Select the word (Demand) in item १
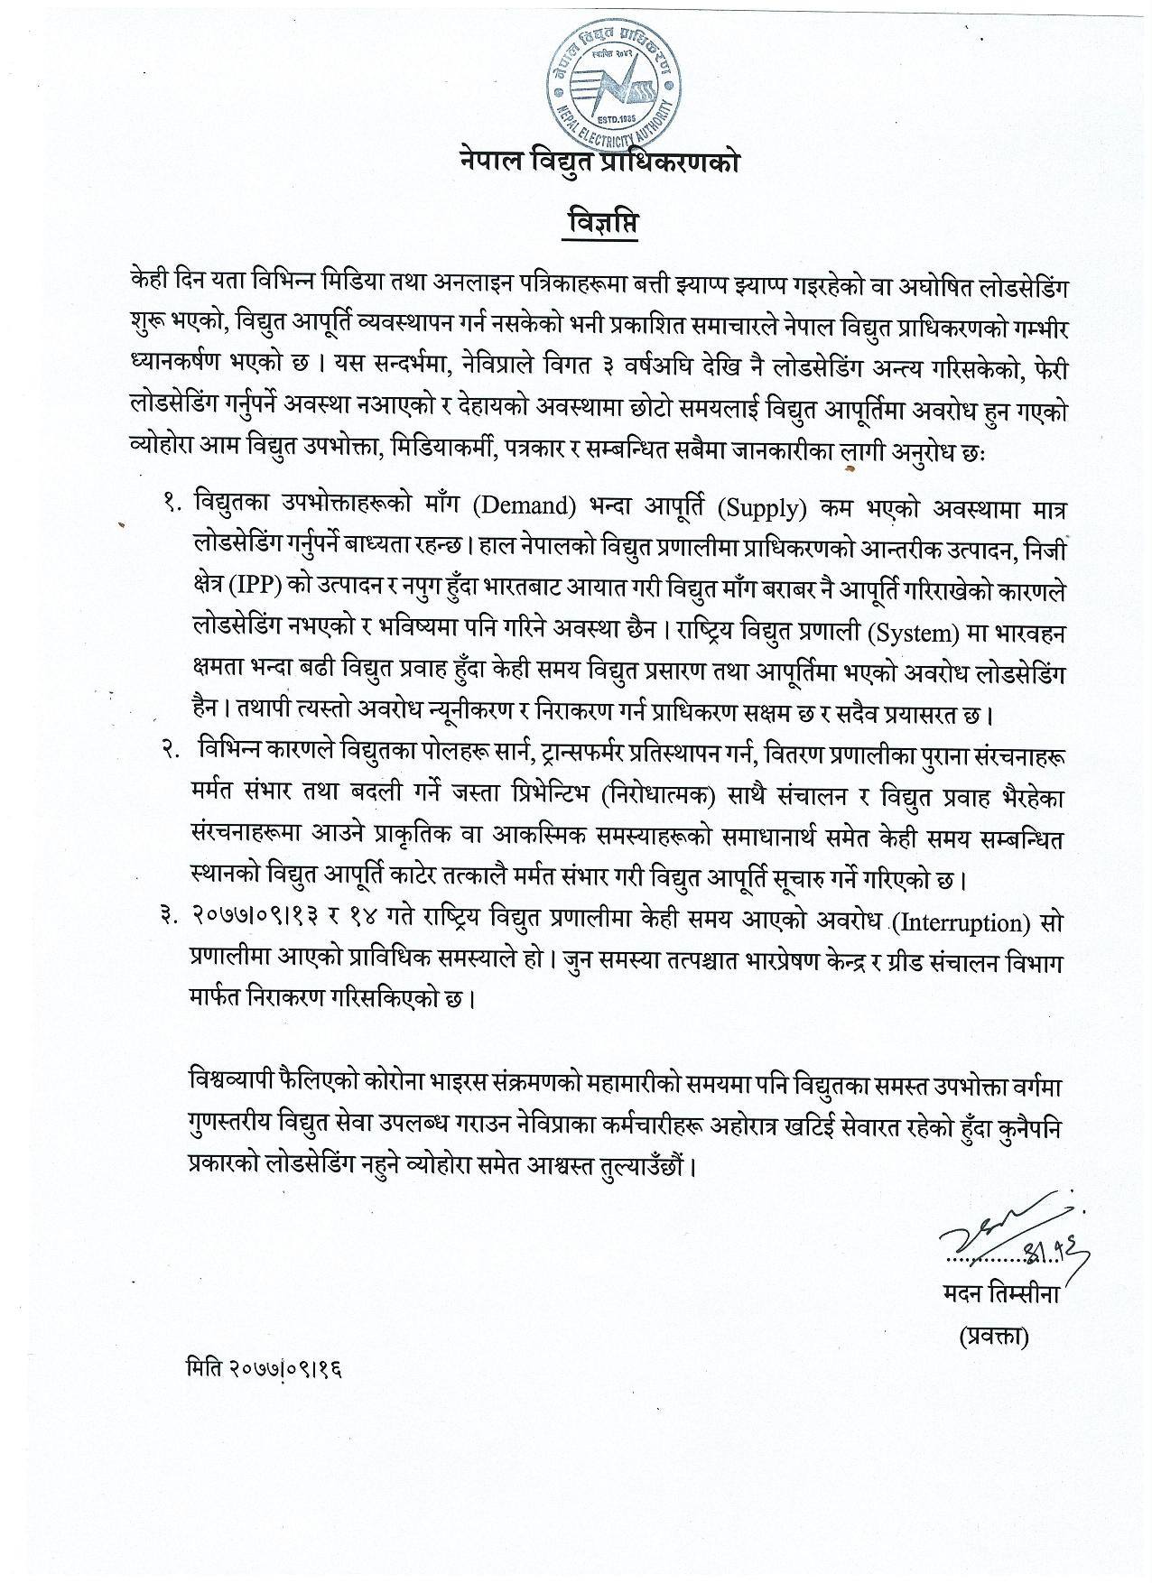530,507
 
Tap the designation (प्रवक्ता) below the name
994,1338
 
